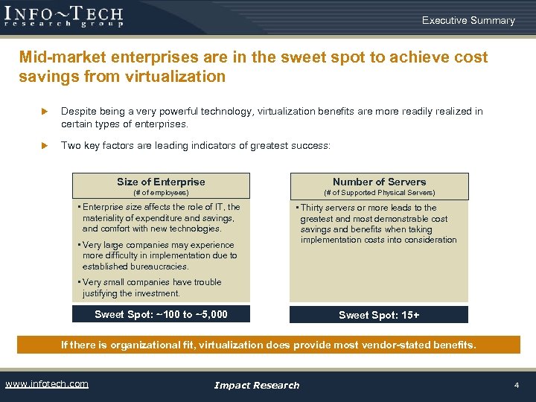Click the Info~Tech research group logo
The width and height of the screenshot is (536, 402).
tap(63, 16)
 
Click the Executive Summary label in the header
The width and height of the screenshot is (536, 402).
tap(468, 20)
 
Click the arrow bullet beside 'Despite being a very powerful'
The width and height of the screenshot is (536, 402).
tap(44, 112)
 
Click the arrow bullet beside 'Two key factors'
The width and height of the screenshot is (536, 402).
tap(44, 146)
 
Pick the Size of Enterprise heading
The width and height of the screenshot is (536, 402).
tap(161, 182)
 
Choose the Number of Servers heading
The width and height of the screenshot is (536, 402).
tap(379, 182)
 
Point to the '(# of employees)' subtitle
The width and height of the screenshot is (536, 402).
tap(161, 193)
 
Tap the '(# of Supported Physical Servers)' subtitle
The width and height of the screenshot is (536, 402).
tap(379, 193)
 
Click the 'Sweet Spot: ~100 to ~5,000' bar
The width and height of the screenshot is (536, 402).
tap(161, 314)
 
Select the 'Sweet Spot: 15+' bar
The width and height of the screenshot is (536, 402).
tap(379, 315)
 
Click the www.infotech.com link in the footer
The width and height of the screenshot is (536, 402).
tap(47, 384)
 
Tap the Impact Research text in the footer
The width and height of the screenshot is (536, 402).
tap(256, 385)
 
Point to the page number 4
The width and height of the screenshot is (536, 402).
tap(516, 385)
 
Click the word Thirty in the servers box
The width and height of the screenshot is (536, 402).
tap(313, 208)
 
